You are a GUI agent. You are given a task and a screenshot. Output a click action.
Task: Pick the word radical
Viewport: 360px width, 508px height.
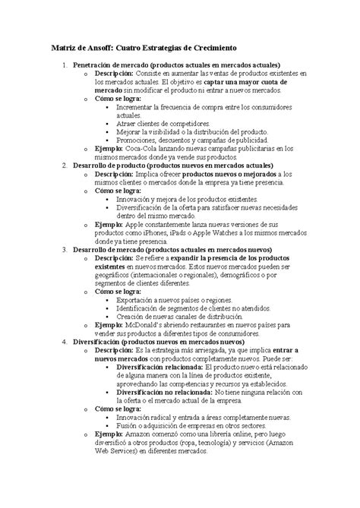tap(165, 417)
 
